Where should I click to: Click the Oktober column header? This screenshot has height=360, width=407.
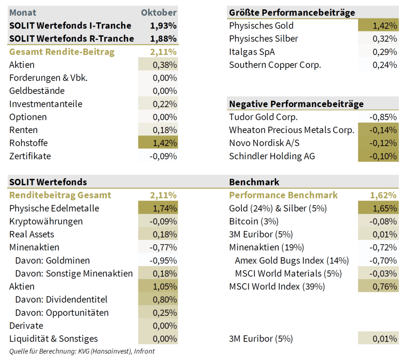[x=158, y=12]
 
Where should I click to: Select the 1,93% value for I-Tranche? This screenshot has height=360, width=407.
[x=163, y=25]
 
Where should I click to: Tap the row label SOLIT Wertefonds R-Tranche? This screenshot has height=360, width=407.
[x=71, y=39]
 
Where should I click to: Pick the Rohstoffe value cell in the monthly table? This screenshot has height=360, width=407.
[x=158, y=143]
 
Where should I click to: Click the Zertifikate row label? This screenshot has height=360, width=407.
[x=30, y=156]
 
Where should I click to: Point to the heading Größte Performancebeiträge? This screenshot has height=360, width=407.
[x=292, y=12]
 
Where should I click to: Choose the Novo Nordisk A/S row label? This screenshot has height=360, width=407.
[x=265, y=143]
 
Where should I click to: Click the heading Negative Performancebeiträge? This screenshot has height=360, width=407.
[x=296, y=104]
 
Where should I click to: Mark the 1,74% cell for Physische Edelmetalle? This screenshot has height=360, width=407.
[x=158, y=208]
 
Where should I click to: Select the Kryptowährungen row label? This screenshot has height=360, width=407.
[x=46, y=221]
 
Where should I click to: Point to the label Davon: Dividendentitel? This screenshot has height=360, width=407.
[x=61, y=299]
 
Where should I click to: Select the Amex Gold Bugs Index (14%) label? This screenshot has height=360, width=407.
[x=292, y=260]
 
